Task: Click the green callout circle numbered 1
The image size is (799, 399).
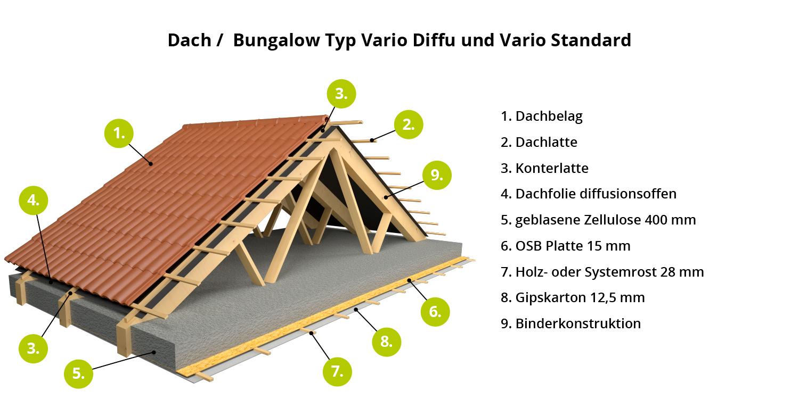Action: click(119, 133)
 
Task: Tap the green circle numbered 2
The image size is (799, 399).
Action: click(409, 124)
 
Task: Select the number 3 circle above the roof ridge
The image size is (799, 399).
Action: click(341, 94)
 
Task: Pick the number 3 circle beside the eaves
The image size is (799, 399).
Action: click(33, 348)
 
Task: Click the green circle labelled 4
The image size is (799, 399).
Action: click(33, 200)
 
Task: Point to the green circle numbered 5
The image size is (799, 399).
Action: click(78, 373)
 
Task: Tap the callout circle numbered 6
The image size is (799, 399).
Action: click(435, 312)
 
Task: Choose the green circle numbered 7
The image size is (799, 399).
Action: click(337, 371)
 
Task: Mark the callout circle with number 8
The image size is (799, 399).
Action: click(386, 342)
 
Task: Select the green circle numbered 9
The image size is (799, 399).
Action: click(437, 175)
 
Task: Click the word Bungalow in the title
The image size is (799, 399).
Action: click(276, 40)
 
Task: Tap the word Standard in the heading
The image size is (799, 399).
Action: click(591, 40)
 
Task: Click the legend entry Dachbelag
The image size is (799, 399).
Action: click(549, 117)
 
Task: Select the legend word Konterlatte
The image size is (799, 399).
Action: click(552, 168)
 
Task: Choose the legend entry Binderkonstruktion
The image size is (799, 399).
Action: click(578, 323)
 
